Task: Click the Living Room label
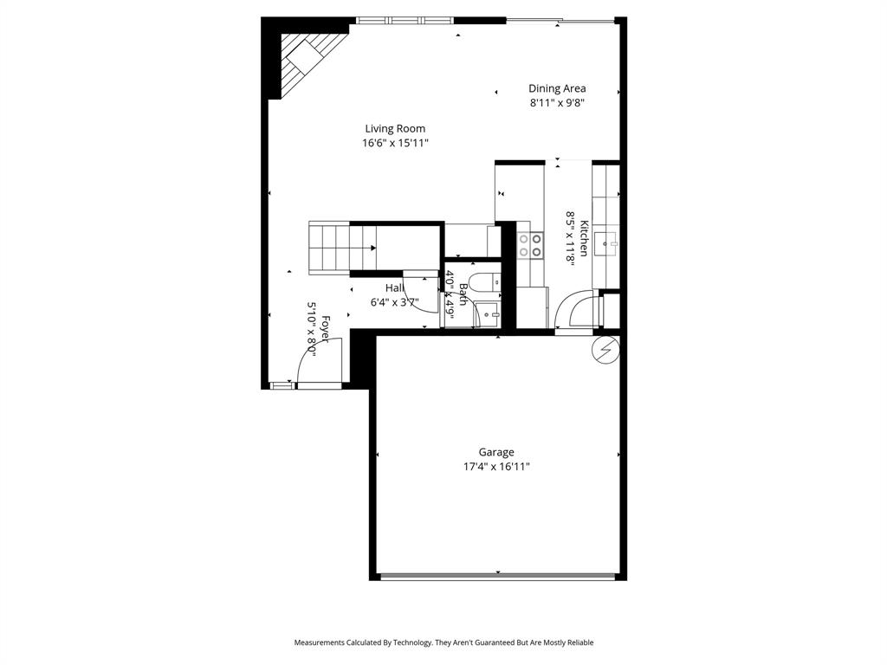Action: (395, 129)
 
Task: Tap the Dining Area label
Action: (557, 88)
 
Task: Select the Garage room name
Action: (496, 452)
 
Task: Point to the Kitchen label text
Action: (585, 238)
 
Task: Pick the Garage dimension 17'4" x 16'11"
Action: (496, 467)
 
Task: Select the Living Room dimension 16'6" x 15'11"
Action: (395, 144)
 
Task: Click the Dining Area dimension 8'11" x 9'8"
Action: (557, 103)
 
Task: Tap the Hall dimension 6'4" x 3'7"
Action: (395, 303)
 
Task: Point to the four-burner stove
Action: (530, 245)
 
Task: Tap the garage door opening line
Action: (499, 575)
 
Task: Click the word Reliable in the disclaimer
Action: (578, 642)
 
